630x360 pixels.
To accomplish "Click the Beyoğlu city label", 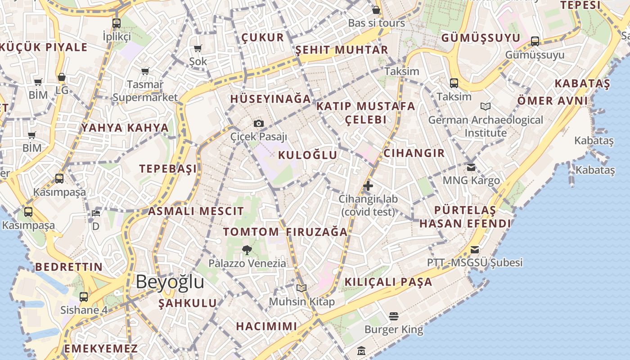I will tap(170, 282).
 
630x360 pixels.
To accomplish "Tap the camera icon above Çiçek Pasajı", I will tap(259, 123).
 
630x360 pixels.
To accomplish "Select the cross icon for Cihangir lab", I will tap(368, 185).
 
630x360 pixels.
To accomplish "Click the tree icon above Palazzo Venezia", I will tap(247, 250).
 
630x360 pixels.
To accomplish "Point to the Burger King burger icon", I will tap(394, 316).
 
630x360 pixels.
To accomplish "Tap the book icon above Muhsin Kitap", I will tap(301, 288).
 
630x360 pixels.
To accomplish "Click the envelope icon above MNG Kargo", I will tap(471, 167).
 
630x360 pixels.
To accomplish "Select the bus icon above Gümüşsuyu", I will tap(535, 41).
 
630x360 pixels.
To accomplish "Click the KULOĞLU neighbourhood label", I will tap(308, 155).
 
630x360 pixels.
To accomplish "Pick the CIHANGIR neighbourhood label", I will tap(414, 153).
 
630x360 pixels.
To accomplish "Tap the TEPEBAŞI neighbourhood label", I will tap(168, 169).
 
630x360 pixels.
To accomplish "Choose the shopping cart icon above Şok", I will tap(198, 49).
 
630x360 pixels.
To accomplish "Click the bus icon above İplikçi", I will tap(117, 23).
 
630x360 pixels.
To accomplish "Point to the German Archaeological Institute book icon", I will tap(486, 107).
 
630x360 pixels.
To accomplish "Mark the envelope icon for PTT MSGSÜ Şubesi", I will tap(475, 250).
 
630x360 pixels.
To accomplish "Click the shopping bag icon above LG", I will tap(62, 77).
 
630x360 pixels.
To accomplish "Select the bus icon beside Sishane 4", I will tap(84, 297).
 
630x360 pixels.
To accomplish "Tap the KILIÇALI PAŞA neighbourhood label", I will tap(388, 282).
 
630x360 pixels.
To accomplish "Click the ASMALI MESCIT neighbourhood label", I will tap(196, 211).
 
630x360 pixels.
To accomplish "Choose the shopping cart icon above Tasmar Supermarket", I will tap(145, 71).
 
